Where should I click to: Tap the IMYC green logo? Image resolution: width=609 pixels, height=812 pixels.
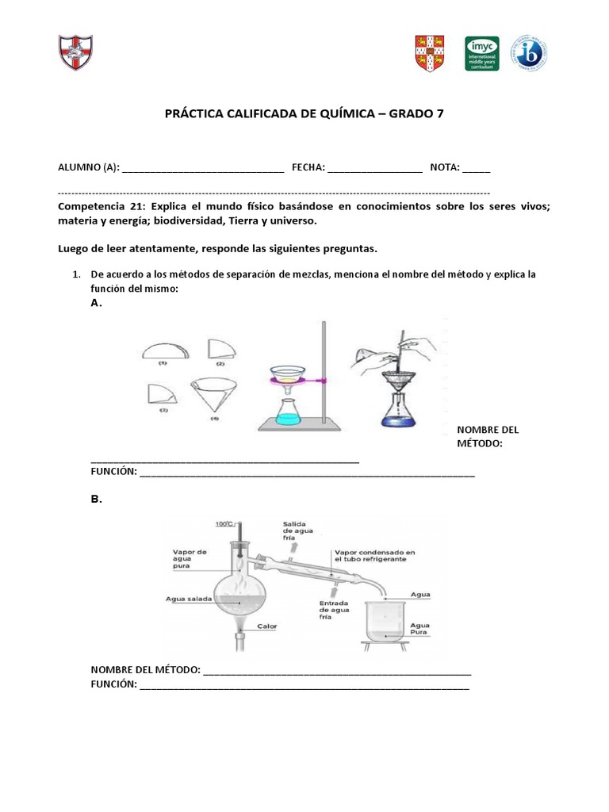coord(481,53)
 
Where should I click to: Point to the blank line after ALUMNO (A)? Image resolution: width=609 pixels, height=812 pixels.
coord(203,168)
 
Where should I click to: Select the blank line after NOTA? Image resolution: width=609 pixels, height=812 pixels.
coord(477,168)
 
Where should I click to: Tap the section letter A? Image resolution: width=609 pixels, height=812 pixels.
coord(96,303)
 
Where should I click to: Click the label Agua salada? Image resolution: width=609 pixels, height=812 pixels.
coord(189,599)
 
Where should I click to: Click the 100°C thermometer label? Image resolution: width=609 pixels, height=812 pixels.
coord(224,523)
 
